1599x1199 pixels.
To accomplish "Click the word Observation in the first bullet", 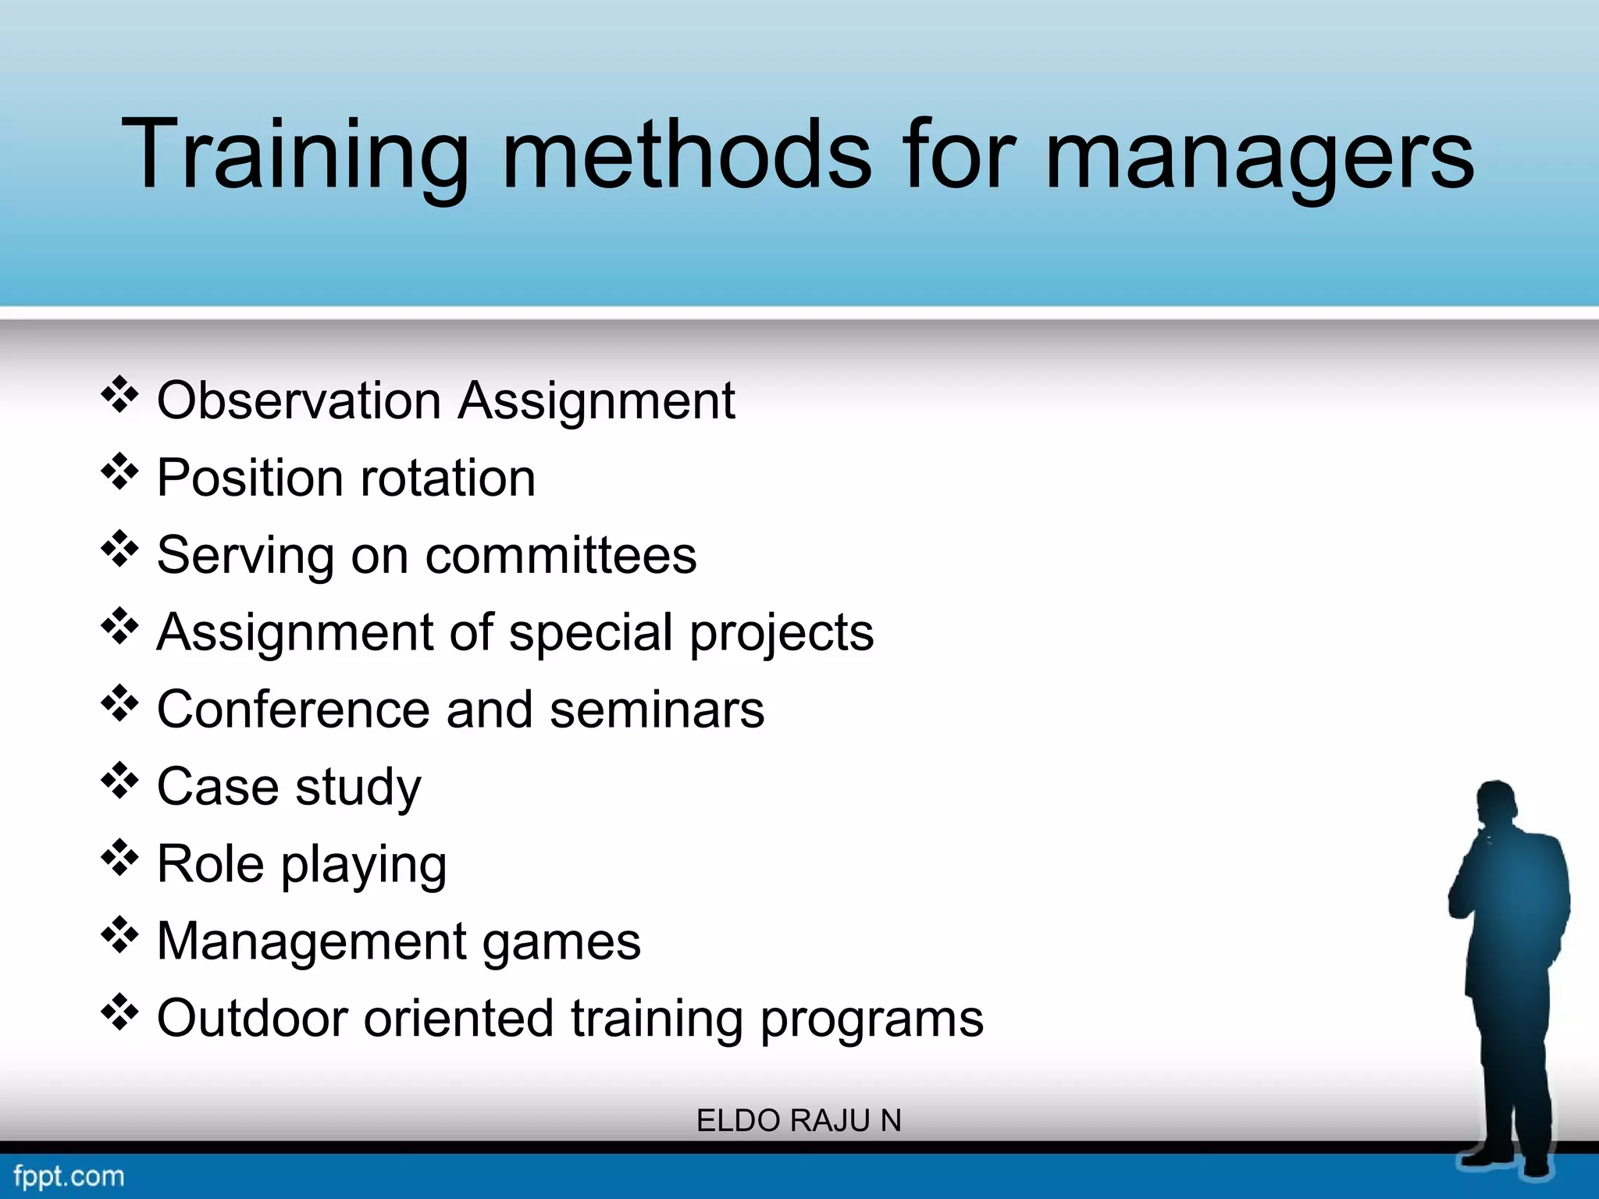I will point(299,400).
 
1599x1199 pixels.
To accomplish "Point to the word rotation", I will point(447,478).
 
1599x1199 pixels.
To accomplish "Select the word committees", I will point(561,555).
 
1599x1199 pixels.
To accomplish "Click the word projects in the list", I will point(782,633).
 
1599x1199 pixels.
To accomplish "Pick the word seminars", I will point(657,710).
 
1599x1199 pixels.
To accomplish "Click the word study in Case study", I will point(358,787).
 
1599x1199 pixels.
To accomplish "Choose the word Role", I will point(210,864).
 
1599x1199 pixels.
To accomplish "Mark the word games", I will point(561,942).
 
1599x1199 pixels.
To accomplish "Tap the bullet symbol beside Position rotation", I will point(119,472).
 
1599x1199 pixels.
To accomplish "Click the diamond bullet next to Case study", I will point(119,781).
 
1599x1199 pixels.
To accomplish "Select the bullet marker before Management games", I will point(119,936).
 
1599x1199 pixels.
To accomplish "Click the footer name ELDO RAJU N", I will point(799,1121).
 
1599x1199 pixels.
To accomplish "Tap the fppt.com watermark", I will point(69,1176).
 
